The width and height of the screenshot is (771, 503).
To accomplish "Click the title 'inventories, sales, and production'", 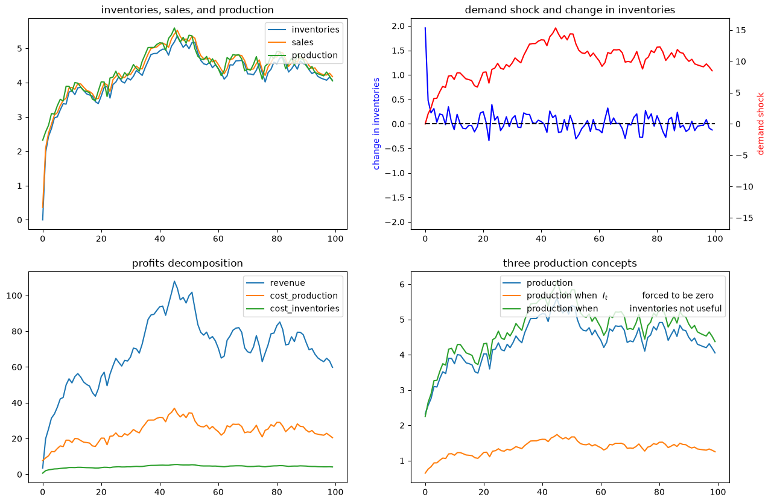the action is coord(187,10).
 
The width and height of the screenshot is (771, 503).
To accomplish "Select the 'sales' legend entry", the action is coord(302,42).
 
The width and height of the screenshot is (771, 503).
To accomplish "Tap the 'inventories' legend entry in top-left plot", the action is coord(316,30).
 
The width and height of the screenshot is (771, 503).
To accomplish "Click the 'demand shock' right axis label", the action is coord(761,124).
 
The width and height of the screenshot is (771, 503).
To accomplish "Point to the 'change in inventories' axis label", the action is coord(376,124).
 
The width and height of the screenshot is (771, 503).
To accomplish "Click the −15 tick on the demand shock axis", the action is coord(744,218).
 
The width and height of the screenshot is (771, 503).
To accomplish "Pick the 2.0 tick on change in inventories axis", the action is coord(399,26).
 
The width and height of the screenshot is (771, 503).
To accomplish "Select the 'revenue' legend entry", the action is coord(287,283).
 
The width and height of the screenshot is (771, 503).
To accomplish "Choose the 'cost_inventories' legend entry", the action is coord(305,309).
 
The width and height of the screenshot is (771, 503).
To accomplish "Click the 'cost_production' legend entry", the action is coord(303,296).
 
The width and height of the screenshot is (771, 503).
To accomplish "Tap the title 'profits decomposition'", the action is coord(187,263).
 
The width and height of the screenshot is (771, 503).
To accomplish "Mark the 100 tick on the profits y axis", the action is coord(14,296).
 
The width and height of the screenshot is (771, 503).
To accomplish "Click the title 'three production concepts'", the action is coord(570,263).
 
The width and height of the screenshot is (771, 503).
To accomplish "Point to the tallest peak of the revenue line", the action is coord(174,282).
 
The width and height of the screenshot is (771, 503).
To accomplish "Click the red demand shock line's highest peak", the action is coord(556,28).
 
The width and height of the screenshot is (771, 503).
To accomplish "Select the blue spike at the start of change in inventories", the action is coord(425,28).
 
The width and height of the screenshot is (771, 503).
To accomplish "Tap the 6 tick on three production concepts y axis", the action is coord(402,284).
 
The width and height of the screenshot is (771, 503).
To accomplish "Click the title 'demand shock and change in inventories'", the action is coord(570,10).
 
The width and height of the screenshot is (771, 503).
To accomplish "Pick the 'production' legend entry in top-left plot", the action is coord(314,55).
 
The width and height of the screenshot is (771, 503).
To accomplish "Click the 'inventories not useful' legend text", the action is coord(675,309).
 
